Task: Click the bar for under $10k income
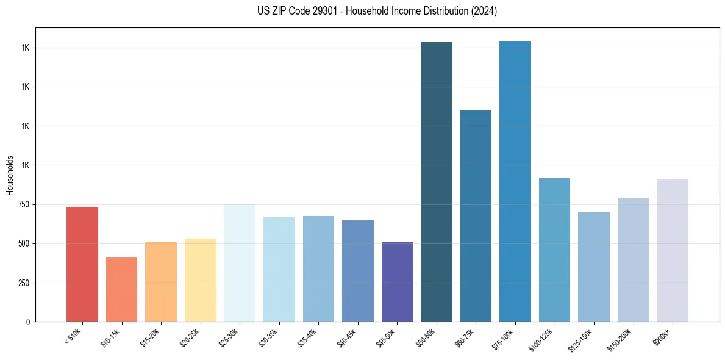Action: click(82, 264)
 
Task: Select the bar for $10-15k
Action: click(121, 289)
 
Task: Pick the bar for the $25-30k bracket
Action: click(240, 263)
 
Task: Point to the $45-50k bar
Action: click(397, 282)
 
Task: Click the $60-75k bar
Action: click(476, 216)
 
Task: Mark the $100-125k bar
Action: click(554, 250)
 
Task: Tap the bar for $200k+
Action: click(673, 250)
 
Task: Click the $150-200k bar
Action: click(633, 260)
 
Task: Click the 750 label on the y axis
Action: click(24, 205)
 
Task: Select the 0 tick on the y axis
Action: click(29, 322)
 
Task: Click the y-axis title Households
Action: click(10, 175)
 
